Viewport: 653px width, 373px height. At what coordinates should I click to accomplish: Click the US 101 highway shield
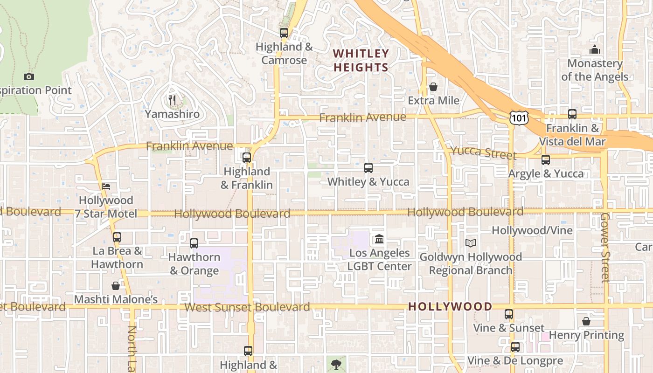pos(519,117)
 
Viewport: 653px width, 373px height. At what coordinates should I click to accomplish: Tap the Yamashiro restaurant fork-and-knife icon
pos(172,100)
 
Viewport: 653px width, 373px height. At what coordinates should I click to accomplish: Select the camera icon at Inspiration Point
pos(29,76)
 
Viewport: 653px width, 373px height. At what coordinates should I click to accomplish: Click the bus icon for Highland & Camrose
pos(284,33)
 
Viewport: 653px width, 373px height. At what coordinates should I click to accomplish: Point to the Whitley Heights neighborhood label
pos(361,61)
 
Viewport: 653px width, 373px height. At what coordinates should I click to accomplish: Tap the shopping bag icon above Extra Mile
pos(433,87)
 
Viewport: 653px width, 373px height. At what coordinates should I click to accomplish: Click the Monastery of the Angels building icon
pos(595,49)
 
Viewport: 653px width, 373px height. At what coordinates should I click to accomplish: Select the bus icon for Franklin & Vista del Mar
pos(572,114)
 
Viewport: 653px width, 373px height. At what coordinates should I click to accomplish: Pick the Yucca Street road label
pos(483,152)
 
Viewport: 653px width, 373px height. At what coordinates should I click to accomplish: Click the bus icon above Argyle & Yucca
pos(546,160)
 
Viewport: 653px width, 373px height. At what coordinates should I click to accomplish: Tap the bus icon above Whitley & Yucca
pos(368,167)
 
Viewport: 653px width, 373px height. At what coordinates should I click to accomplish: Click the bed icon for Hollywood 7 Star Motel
pos(106,186)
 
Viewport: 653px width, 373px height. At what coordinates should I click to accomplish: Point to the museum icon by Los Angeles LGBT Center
pos(379,239)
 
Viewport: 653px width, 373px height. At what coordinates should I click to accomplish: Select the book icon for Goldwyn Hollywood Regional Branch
pos(471,243)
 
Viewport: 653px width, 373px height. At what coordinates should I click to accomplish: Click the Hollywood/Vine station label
pos(532,230)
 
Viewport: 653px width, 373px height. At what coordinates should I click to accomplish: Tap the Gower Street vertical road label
pos(605,248)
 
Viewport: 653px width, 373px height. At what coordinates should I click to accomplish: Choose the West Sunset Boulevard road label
pos(247,307)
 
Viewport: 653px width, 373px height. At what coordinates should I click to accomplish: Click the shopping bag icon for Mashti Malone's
pos(116,285)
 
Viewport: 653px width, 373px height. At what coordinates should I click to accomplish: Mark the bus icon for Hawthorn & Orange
pos(194,243)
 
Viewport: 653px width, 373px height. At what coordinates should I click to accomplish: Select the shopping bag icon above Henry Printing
pos(586,321)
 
